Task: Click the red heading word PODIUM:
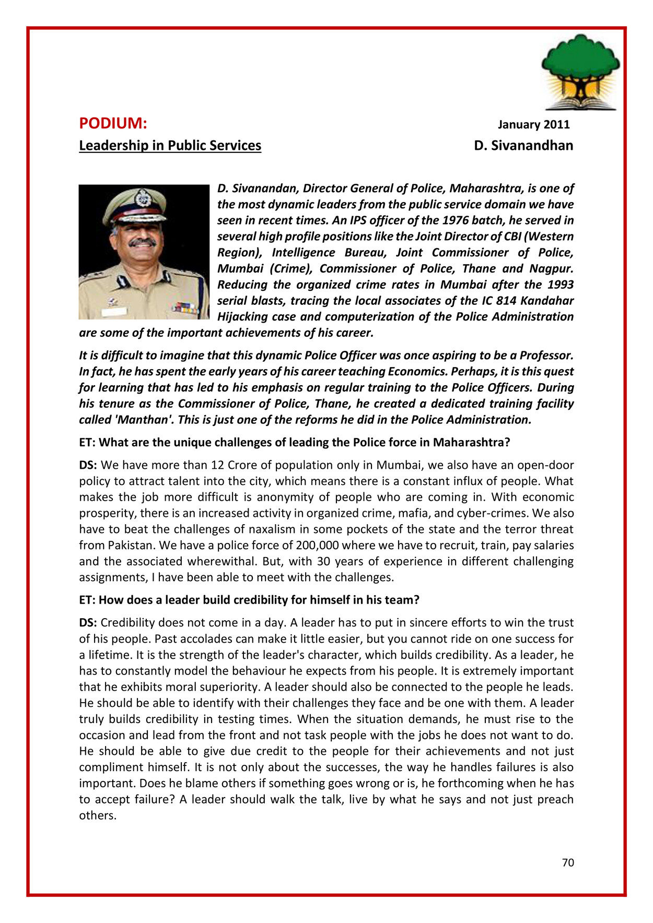pos(113,124)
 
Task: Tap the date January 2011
pos(533,125)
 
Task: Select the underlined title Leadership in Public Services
pos(170,146)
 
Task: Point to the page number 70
pos(568,863)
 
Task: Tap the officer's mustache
pos(143,242)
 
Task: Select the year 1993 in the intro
pos(561,285)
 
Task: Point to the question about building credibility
pos(249,600)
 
